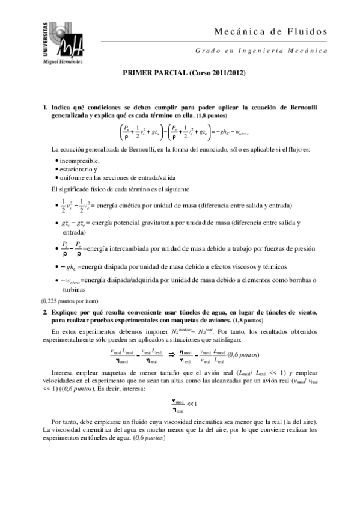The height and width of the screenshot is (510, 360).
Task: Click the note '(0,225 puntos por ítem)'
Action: [x=69, y=301]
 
